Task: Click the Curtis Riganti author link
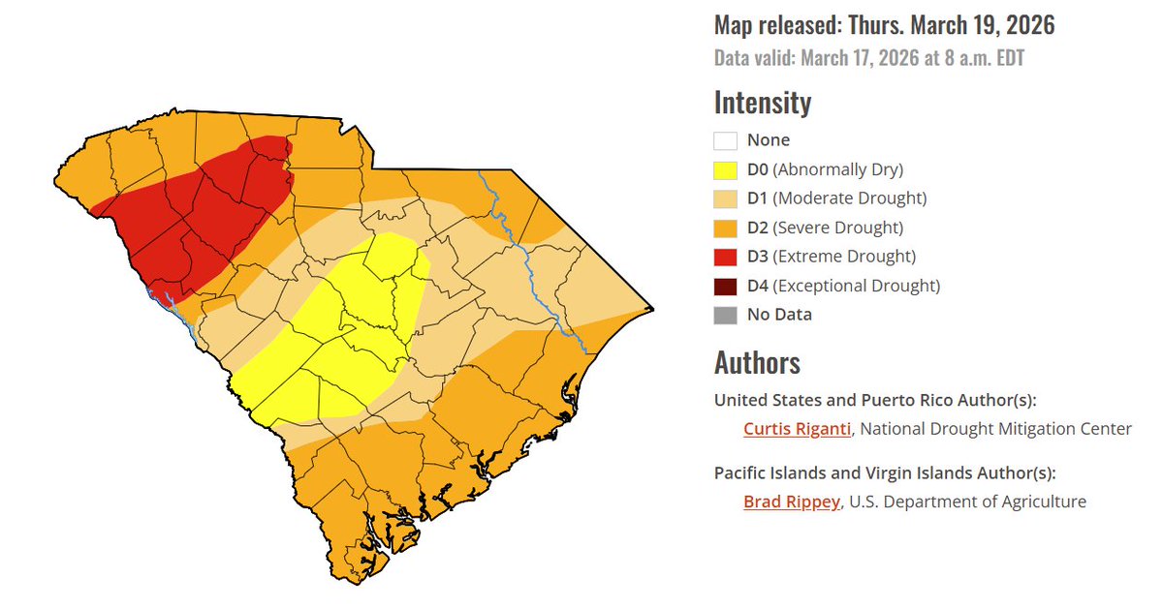click(797, 429)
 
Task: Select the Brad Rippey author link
click(791, 502)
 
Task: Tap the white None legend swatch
click(726, 140)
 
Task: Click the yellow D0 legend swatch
click(726, 169)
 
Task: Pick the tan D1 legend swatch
click(726, 198)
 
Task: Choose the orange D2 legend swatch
click(726, 228)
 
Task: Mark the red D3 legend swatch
click(726, 257)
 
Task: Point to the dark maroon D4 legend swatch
click(726, 286)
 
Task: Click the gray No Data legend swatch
click(726, 315)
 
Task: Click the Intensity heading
click(763, 103)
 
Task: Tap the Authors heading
click(757, 362)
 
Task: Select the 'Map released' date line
click(884, 25)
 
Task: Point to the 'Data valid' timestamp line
click(869, 58)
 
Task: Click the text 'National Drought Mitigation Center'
click(995, 429)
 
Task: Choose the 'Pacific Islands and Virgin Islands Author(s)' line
click(884, 473)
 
